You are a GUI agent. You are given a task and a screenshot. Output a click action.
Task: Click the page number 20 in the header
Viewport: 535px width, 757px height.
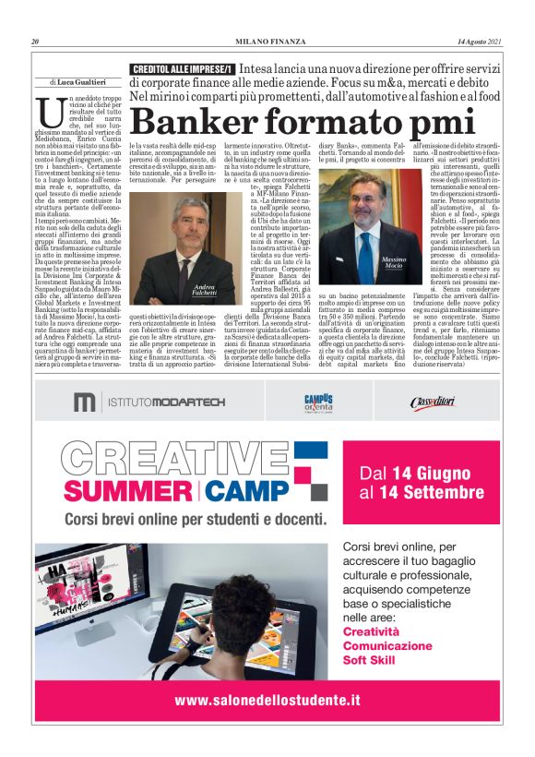tap(35, 42)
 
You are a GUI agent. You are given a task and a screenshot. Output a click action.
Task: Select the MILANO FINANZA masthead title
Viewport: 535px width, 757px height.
tap(267, 42)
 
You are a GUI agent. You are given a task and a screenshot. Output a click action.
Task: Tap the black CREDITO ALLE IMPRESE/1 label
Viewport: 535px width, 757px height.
tap(182, 69)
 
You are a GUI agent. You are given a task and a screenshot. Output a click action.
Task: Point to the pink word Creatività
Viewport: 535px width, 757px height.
tap(371, 631)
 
